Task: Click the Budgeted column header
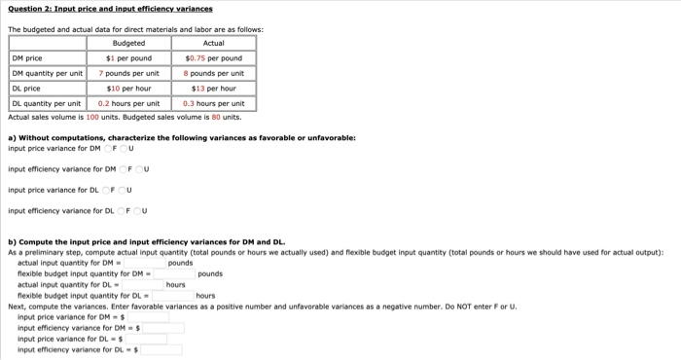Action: click(x=129, y=43)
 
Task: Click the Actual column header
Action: click(x=214, y=43)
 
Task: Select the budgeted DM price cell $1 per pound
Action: click(x=129, y=57)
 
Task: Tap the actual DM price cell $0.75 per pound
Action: click(x=214, y=57)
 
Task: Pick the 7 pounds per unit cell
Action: click(x=129, y=73)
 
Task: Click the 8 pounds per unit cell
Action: click(x=214, y=73)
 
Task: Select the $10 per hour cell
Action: click(x=129, y=88)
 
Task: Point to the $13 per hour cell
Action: click(x=214, y=88)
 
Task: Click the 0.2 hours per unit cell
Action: click(x=129, y=103)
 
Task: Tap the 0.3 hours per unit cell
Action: click(x=214, y=103)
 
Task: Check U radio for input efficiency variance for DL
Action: click(x=140, y=210)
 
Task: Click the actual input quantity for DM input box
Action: click(x=144, y=263)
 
